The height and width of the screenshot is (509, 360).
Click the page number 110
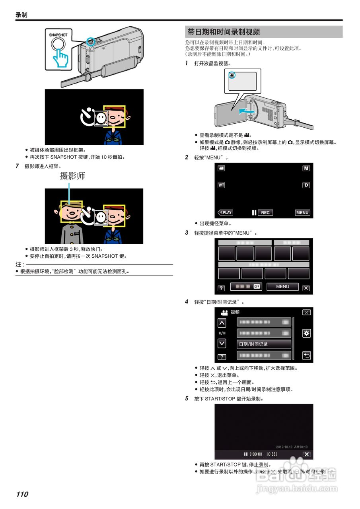coord(22,494)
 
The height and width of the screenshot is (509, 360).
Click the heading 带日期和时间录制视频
coord(224,32)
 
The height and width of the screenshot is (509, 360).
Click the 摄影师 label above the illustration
coord(72,176)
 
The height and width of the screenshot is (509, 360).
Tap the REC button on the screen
coord(265,213)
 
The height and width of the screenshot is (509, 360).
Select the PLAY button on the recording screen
coord(225,213)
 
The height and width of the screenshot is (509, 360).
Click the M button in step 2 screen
coord(306,168)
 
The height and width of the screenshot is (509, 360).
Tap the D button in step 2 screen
coord(306,185)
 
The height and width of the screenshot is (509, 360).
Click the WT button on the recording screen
coord(221,185)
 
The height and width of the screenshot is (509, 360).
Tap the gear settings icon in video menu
coord(306,333)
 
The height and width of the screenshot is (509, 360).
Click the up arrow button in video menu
coord(222,322)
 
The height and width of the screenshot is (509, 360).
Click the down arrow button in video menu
coord(222,343)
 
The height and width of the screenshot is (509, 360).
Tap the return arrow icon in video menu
coord(306,356)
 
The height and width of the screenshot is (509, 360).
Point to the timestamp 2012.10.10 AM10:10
coord(292,447)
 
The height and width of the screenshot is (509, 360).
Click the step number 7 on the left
coord(17,166)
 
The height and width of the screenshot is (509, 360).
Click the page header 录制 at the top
coord(21,15)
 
